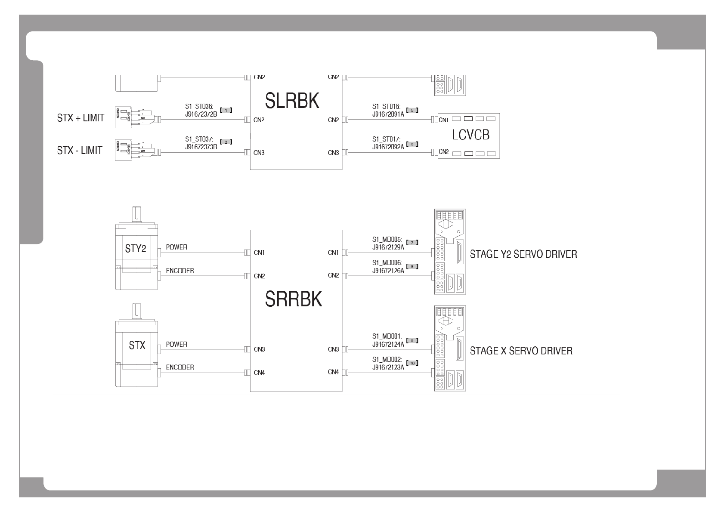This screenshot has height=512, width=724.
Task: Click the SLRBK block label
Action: click(x=292, y=101)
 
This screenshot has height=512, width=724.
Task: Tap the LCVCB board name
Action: click(x=470, y=135)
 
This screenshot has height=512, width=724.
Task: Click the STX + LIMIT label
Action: click(x=80, y=118)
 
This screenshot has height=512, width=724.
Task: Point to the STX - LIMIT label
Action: click(x=80, y=151)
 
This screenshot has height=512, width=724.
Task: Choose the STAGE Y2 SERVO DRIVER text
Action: click(x=523, y=254)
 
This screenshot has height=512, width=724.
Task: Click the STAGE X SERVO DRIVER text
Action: click(x=521, y=351)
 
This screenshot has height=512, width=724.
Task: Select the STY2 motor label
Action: click(x=136, y=249)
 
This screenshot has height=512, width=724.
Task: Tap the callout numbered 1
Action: click(x=226, y=110)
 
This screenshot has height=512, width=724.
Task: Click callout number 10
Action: click(x=412, y=363)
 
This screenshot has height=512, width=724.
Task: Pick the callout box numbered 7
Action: click(x=412, y=243)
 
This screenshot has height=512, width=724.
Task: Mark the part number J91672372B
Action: click(x=201, y=114)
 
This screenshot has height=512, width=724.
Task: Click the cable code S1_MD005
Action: click(x=387, y=239)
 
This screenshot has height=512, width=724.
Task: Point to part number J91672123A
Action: click(x=388, y=367)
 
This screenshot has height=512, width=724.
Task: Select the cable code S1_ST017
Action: click(x=386, y=139)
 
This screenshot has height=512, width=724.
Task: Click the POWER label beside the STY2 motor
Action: click(x=176, y=247)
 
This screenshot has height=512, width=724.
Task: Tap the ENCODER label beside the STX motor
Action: click(x=180, y=367)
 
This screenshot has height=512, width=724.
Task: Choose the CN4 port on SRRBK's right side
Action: click(x=333, y=372)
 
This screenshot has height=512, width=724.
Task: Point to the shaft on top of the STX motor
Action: click(x=137, y=311)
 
